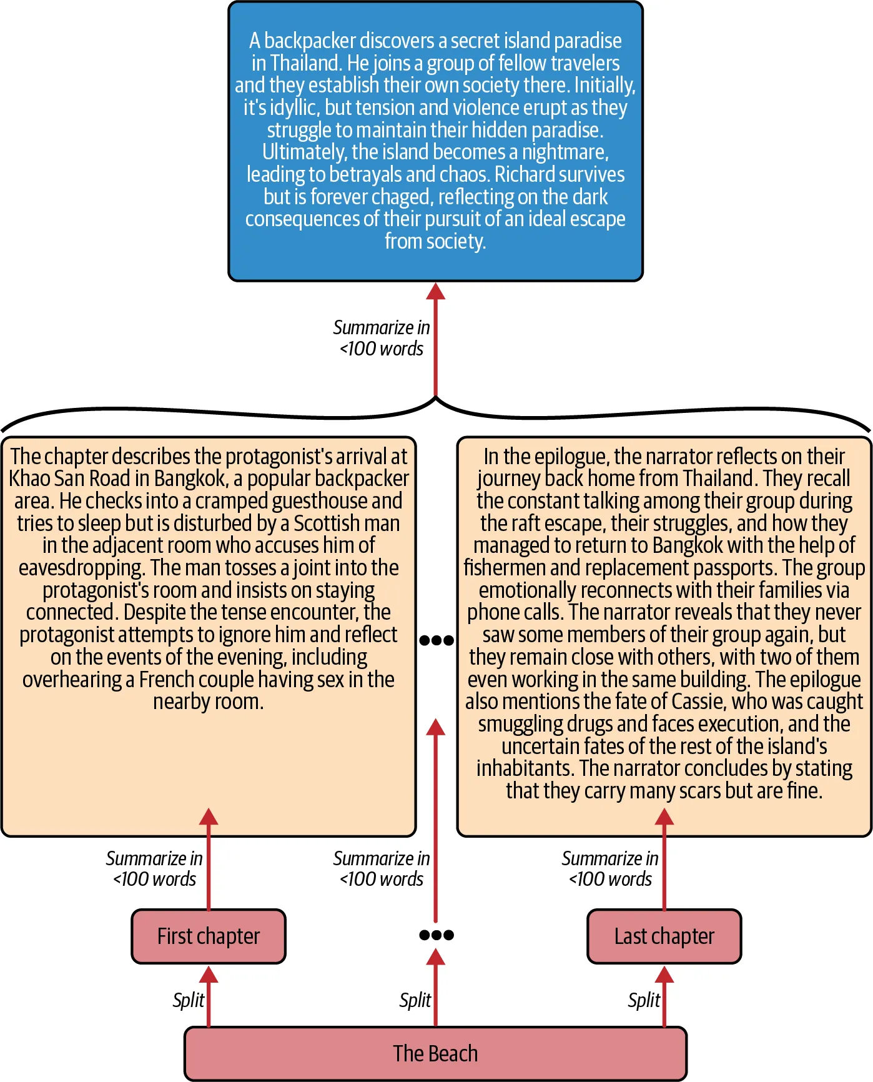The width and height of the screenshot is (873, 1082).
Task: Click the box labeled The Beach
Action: (435, 1053)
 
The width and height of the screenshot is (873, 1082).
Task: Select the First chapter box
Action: (209, 936)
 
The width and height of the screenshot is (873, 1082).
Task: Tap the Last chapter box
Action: (664, 936)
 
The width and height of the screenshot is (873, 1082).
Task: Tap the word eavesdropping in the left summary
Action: (81, 568)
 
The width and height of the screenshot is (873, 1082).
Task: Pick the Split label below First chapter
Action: (189, 1000)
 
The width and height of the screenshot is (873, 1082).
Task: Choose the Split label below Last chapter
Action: (644, 1000)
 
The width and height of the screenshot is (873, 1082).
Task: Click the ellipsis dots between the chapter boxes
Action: (436, 935)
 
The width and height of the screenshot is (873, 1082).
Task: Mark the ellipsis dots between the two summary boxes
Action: (436, 640)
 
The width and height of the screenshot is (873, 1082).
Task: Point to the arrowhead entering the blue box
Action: (435, 291)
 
